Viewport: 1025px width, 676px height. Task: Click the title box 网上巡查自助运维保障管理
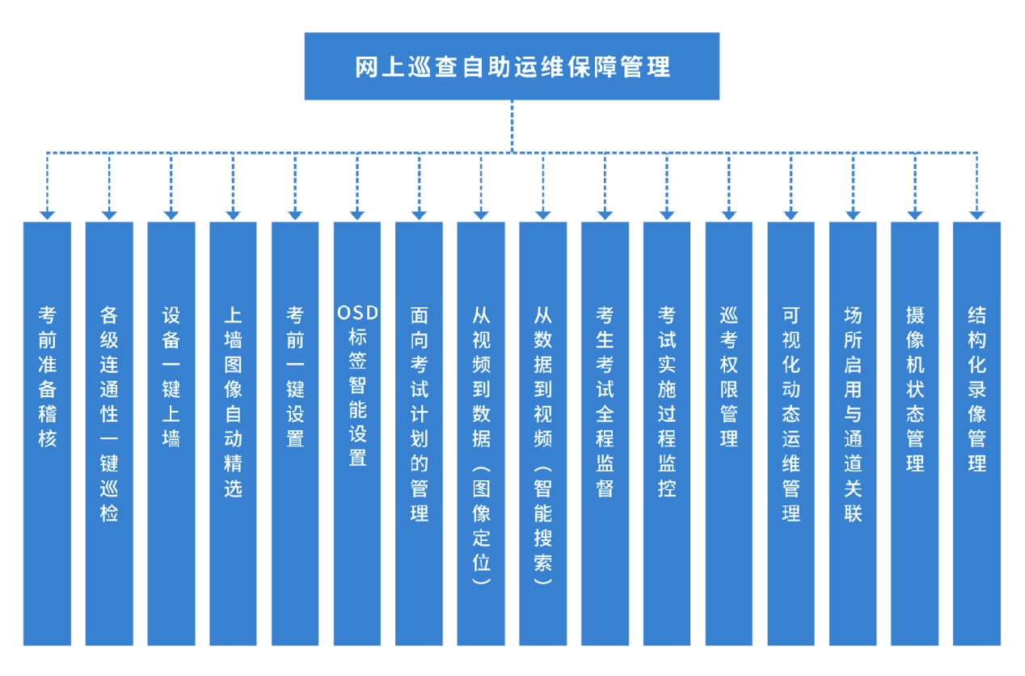click(x=512, y=66)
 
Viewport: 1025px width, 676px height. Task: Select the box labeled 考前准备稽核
click(x=47, y=433)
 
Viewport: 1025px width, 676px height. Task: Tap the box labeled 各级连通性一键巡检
click(x=109, y=433)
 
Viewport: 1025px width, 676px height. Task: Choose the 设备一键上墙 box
click(x=171, y=433)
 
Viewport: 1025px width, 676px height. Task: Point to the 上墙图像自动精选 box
click(x=233, y=433)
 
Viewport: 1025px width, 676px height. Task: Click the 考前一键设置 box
click(x=295, y=433)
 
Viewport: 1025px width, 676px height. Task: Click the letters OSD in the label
click(x=357, y=313)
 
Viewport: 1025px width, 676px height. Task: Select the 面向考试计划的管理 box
click(x=419, y=433)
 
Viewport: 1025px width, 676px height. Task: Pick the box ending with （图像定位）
click(x=481, y=433)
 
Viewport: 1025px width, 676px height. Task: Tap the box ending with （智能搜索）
click(x=542, y=433)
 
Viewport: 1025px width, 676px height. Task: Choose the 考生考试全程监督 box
click(x=605, y=433)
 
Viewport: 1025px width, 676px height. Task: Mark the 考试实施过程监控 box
click(x=667, y=433)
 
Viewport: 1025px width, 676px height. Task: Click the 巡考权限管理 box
click(x=728, y=433)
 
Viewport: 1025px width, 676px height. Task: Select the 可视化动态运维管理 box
click(x=791, y=433)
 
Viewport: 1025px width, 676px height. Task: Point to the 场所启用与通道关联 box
click(x=853, y=433)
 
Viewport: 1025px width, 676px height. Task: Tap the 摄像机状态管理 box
click(x=914, y=433)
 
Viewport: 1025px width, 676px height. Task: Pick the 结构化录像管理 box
click(x=976, y=433)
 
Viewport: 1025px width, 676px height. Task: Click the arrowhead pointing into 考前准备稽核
click(x=47, y=214)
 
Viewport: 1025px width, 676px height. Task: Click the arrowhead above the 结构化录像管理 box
click(x=976, y=214)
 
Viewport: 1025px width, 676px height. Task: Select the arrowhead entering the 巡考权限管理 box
click(x=728, y=214)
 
